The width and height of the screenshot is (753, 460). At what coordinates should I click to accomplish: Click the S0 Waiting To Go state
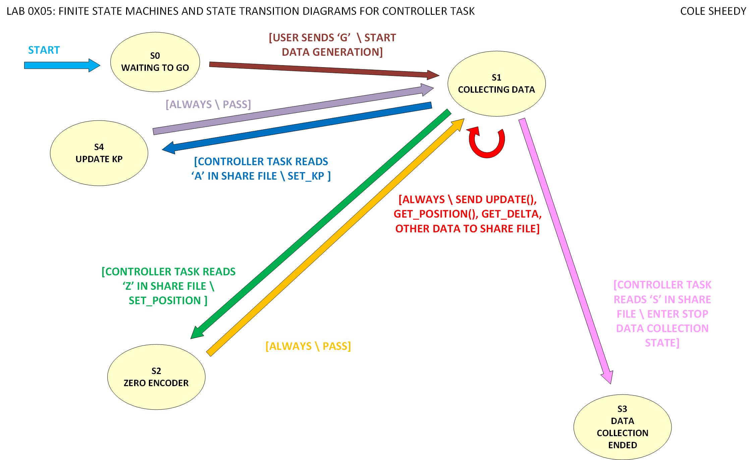click(x=155, y=62)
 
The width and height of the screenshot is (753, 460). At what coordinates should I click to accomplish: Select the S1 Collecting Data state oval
click(x=496, y=84)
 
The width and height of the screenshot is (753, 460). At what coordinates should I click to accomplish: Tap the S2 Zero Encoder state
click(x=156, y=377)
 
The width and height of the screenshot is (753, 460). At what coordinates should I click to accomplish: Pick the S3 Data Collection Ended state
click(x=622, y=427)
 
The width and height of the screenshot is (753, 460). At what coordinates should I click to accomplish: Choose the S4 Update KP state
click(x=99, y=153)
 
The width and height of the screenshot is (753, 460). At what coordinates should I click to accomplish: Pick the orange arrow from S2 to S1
click(x=335, y=237)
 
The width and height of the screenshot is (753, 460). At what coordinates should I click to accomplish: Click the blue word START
click(x=44, y=50)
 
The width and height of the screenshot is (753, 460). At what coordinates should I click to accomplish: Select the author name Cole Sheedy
click(x=713, y=11)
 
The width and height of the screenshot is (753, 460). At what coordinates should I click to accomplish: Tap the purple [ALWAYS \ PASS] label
click(x=208, y=104)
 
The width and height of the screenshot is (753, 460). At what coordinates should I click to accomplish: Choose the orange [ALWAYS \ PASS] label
click(x=308, y=346)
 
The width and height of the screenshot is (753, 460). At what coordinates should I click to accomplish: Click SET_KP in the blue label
click(x=306, y=176)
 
